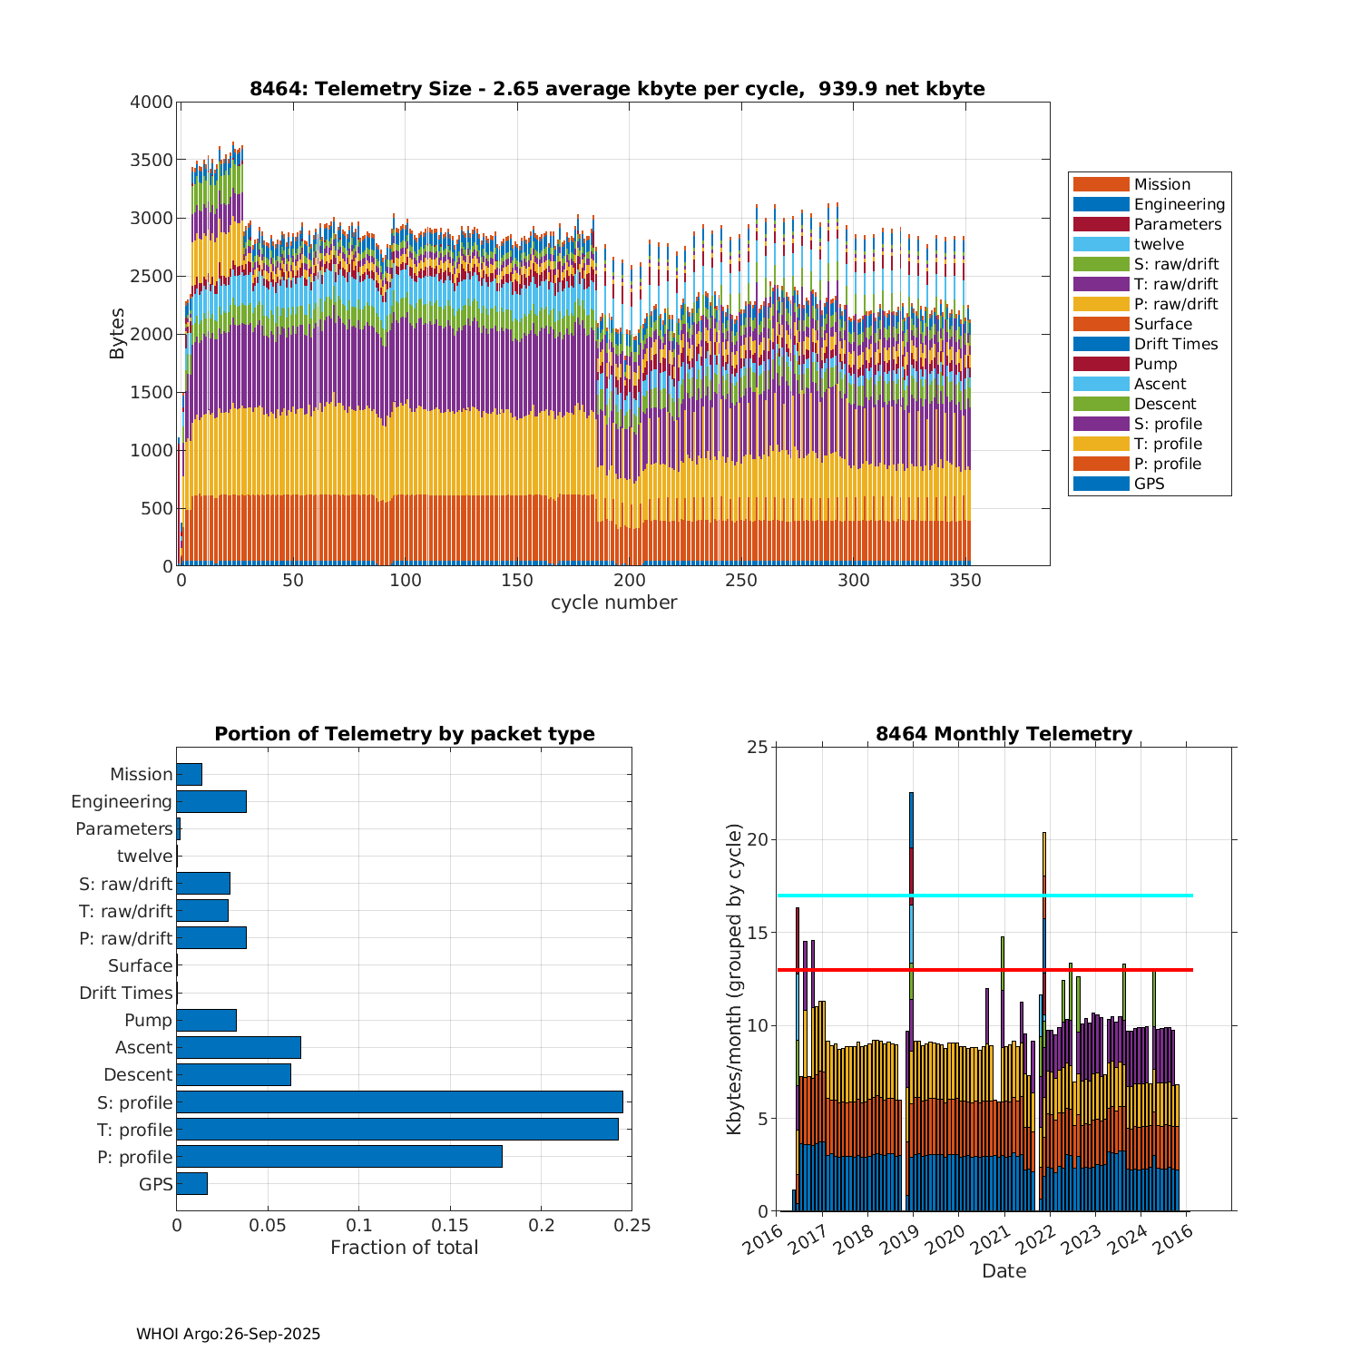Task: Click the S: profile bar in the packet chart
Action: tap(399, 1102)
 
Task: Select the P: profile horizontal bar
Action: tap(339, 1157)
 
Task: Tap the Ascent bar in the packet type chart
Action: tap(239, 1048)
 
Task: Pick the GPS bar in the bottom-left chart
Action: tap(191, 1184)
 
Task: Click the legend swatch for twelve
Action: tap(1101, 244)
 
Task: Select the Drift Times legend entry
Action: tap(1175, 344)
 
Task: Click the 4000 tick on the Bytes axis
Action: tap(152, 103)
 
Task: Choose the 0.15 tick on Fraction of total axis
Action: tap(450, 1226)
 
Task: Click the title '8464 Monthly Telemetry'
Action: tap(1004, 734)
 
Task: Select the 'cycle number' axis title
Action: tap(613, 603)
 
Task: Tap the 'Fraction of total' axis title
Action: tap(404, 1248)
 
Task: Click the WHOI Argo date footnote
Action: tap(228, 1335)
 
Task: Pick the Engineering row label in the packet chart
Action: tap(122, 802)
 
